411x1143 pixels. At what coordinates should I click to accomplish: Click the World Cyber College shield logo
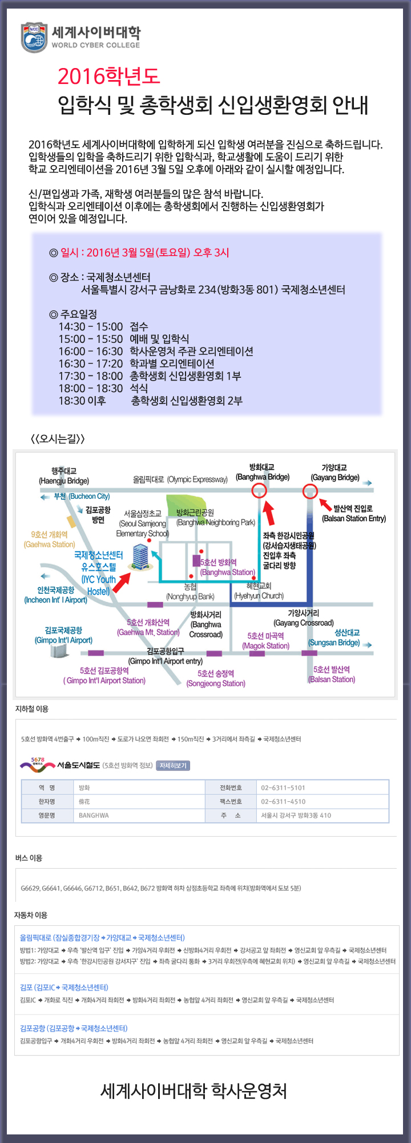[x=34, y=38]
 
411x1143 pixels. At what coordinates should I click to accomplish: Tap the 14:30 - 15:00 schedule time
[x=91, y=327]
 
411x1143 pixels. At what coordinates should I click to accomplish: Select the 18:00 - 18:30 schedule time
[x=91, y=389]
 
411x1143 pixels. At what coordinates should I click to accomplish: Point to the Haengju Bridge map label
[x=64, y=476]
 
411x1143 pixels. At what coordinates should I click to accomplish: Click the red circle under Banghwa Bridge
[x=259, y=490]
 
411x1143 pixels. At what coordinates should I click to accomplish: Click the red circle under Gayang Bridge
[x=310, y=490]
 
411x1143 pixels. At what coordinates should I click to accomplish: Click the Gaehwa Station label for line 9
[x=50, y=539]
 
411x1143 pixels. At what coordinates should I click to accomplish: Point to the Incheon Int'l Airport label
[x=55, y=595]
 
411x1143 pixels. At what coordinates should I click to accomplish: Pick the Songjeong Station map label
[x=216, y=678]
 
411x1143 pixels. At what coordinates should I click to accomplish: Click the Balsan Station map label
[x=332, y=674]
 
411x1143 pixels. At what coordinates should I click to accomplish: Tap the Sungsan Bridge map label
[x=335, y=638]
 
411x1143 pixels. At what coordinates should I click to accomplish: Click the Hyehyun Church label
[x=259, y=591]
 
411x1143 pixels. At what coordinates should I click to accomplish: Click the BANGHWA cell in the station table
[x=94, y=816]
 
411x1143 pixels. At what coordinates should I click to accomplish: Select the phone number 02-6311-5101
[x=283, y=788]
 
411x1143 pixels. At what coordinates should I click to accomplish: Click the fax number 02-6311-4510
[x=283, y=801]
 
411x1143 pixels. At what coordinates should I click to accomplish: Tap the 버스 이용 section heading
[x=29, y=858]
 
